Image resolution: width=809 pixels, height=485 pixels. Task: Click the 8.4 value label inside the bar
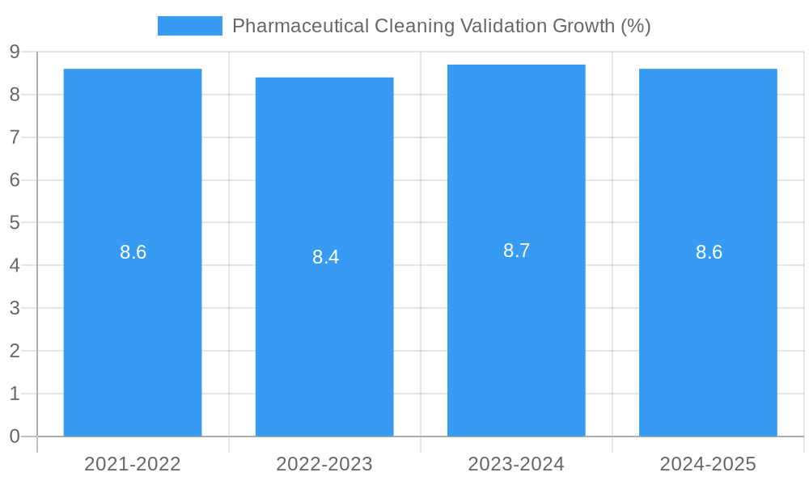[325, 257]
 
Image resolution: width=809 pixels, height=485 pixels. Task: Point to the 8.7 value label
[516, 251]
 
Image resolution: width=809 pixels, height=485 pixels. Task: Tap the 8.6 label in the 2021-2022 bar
[133, 252]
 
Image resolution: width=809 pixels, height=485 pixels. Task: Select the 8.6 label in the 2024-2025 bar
[709, 252]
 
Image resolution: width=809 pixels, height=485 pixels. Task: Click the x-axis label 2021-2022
[133, 464]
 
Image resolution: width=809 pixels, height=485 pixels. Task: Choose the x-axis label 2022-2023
[324, 464]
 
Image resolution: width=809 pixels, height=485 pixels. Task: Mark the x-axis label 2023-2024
[516, 464]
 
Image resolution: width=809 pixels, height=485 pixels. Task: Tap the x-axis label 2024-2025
[708, 464]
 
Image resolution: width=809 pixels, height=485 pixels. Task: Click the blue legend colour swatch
[189, 26]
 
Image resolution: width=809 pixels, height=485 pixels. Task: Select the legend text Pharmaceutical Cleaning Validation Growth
[441, 26]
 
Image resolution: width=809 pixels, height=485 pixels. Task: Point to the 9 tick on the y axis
[15, 52]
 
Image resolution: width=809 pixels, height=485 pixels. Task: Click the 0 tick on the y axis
[15, 436]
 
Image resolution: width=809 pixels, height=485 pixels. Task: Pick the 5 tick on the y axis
[15, 222]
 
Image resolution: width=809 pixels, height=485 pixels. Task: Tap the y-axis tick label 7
[15, 137]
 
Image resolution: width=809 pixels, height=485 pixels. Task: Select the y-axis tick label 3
[15, 308]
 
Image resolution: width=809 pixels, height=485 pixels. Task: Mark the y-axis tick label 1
[15, 394]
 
